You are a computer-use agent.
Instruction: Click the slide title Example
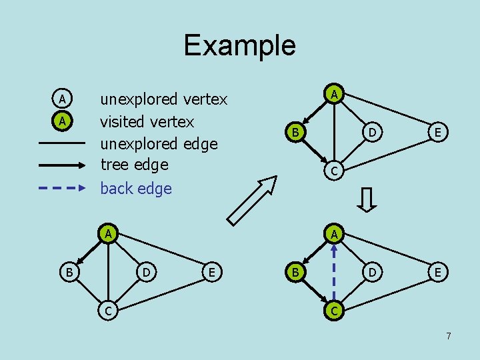(239, 45)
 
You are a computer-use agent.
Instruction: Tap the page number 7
(449, 336)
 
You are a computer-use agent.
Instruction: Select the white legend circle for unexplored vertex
(61, 99)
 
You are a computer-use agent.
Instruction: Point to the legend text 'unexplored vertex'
(163, 100)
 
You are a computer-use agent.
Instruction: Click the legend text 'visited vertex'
(147, 121)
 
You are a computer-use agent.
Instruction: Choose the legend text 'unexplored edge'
(159, 143)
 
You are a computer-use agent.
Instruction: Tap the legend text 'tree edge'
(134, 165)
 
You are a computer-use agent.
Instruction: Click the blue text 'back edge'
(135, 189)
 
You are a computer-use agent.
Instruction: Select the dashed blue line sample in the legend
(62, 189)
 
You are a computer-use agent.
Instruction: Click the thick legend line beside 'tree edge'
(62, 165)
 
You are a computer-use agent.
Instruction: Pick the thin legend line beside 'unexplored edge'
(62, 143)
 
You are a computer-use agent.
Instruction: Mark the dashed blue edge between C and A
(335, 272)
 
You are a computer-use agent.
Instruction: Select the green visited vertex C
(335, 311)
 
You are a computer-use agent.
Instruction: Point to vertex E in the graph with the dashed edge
(437, 272)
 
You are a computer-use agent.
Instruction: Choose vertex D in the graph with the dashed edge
(373, 272)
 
